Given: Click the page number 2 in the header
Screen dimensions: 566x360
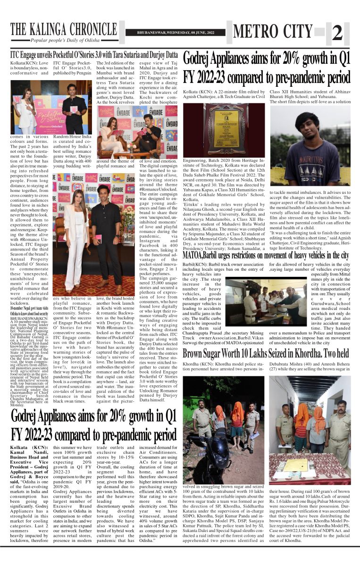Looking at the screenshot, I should (x=336, y=33).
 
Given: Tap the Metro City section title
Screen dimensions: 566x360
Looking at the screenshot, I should (x=273, y=32).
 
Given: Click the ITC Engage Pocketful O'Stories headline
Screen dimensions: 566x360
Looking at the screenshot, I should (x=94, y=55).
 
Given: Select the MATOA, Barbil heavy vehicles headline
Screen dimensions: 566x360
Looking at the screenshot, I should (x=266, y=256).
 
